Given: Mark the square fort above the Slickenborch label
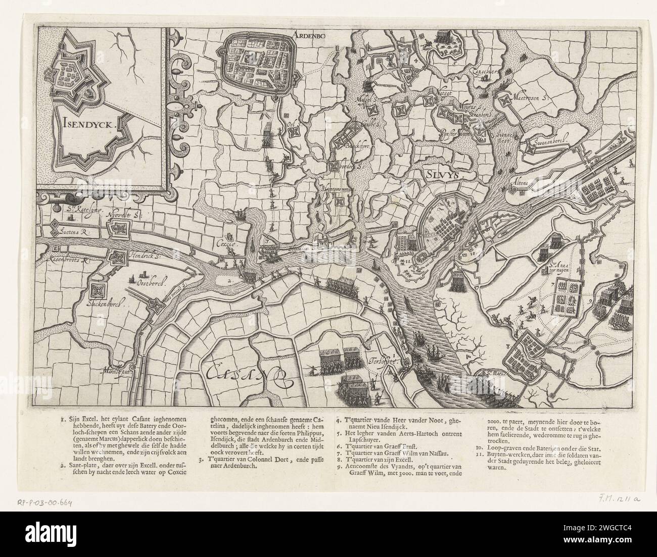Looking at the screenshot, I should (x=98, y=290).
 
